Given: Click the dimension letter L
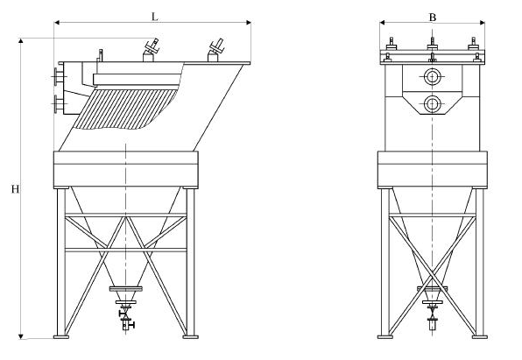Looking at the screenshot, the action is coord(154,17).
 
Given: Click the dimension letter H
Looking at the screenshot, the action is coord(15,189).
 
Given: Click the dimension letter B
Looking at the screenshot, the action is coord(432,17).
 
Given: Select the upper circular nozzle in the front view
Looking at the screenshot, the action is coord(432,77).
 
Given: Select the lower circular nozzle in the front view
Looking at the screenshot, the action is coord(432,104).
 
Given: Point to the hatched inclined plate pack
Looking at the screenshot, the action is coord(125,109).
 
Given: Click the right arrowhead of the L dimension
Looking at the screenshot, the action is coord(249,22).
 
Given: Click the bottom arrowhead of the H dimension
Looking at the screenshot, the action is coord(21,336).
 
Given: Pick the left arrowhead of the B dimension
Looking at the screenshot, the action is coord(382,22).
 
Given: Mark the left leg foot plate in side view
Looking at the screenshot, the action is coord(61,337).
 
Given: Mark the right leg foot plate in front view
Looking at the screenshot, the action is coord(480,337).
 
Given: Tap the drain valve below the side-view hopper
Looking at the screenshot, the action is coord(126,319).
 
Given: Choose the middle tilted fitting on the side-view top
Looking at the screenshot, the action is coord(151,50).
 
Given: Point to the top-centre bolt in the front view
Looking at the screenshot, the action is coord(432,43).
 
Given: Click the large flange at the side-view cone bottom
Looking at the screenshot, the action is coord(126,289).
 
